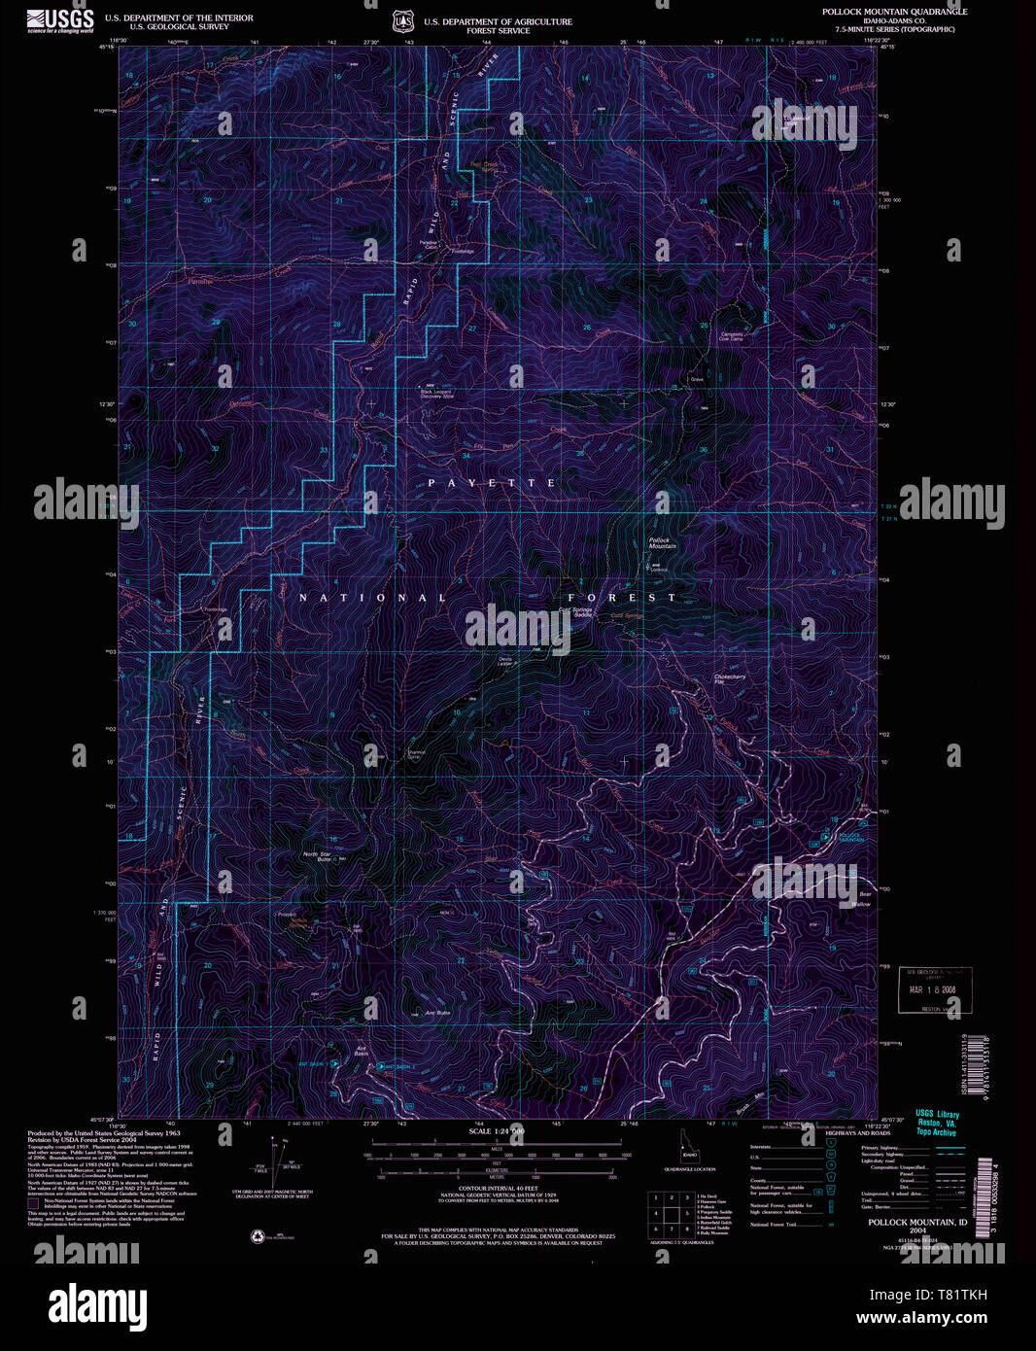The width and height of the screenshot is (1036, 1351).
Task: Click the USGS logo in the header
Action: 60,20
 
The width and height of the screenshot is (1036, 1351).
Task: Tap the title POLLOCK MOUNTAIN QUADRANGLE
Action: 894,12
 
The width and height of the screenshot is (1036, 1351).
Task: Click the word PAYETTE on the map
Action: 492,483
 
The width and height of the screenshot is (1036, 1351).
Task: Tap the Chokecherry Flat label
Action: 729,678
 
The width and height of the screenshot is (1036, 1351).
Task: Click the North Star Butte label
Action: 317,856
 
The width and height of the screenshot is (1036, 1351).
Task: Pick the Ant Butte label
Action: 437,1013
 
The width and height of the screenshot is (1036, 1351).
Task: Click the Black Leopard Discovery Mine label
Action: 436,394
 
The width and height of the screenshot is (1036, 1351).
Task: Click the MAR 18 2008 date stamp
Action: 932,989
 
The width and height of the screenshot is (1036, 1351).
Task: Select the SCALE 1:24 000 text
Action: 496,1131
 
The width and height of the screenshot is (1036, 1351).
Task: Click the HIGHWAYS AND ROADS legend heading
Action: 857,1133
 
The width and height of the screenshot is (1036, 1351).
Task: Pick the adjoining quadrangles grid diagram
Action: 670,1214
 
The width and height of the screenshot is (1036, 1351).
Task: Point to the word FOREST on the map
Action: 621,598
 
